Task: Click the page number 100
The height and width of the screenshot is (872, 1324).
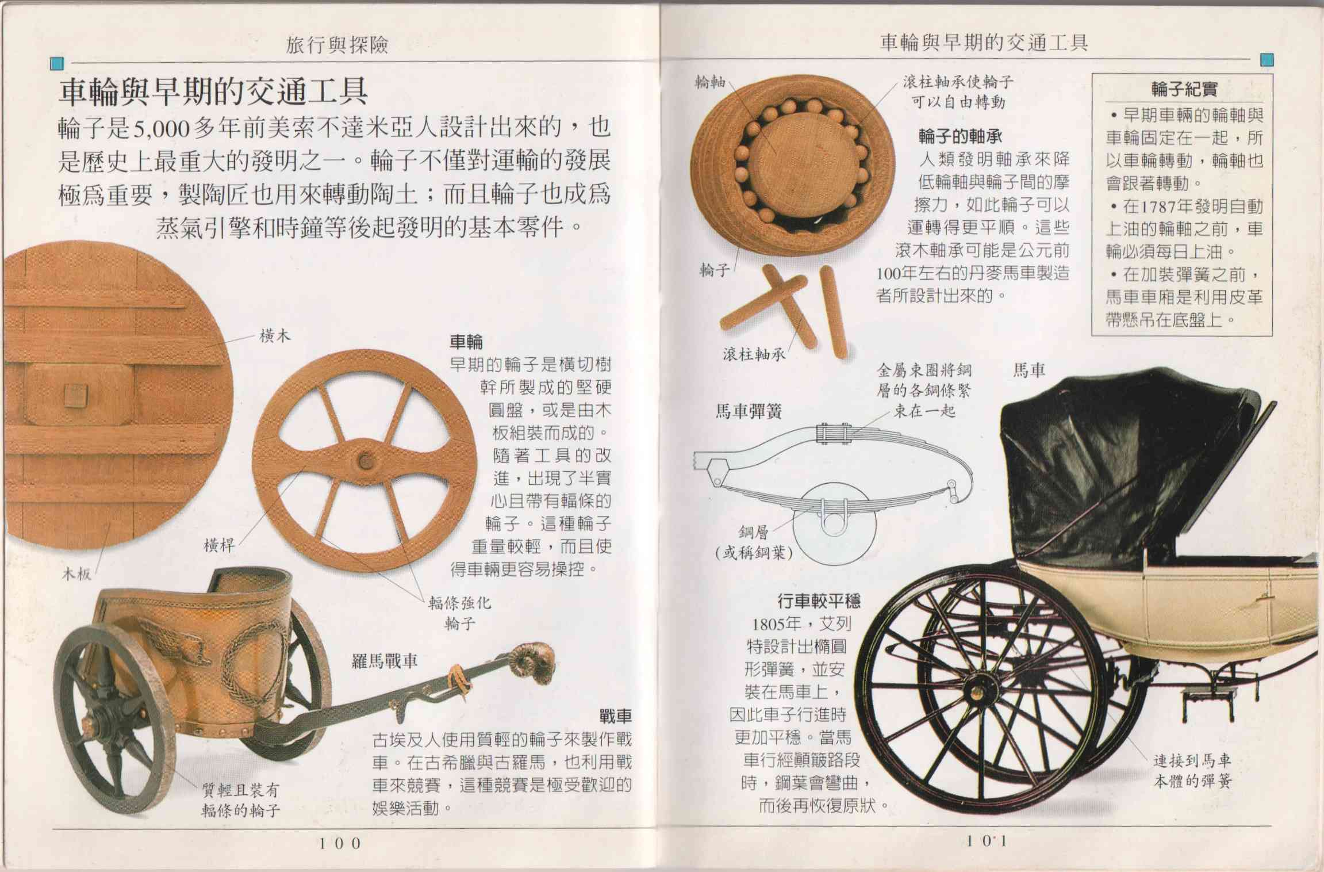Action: click(340, 843)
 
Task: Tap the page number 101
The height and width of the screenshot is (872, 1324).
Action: click(986, 841)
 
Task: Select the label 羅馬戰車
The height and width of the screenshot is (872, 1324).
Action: click(384, 661)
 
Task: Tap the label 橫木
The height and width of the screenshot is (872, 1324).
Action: click(275, 336)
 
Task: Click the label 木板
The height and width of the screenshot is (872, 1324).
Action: click(76, 573)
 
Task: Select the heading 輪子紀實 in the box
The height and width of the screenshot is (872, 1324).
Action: click(1184, 90)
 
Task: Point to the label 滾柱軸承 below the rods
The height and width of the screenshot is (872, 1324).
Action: click(754, 354)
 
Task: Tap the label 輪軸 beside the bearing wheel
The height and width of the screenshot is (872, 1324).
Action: click(709, 83)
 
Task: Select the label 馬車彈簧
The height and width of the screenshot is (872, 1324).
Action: click(748, 412)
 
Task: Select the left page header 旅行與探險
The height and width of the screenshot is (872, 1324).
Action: click(337, 45)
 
